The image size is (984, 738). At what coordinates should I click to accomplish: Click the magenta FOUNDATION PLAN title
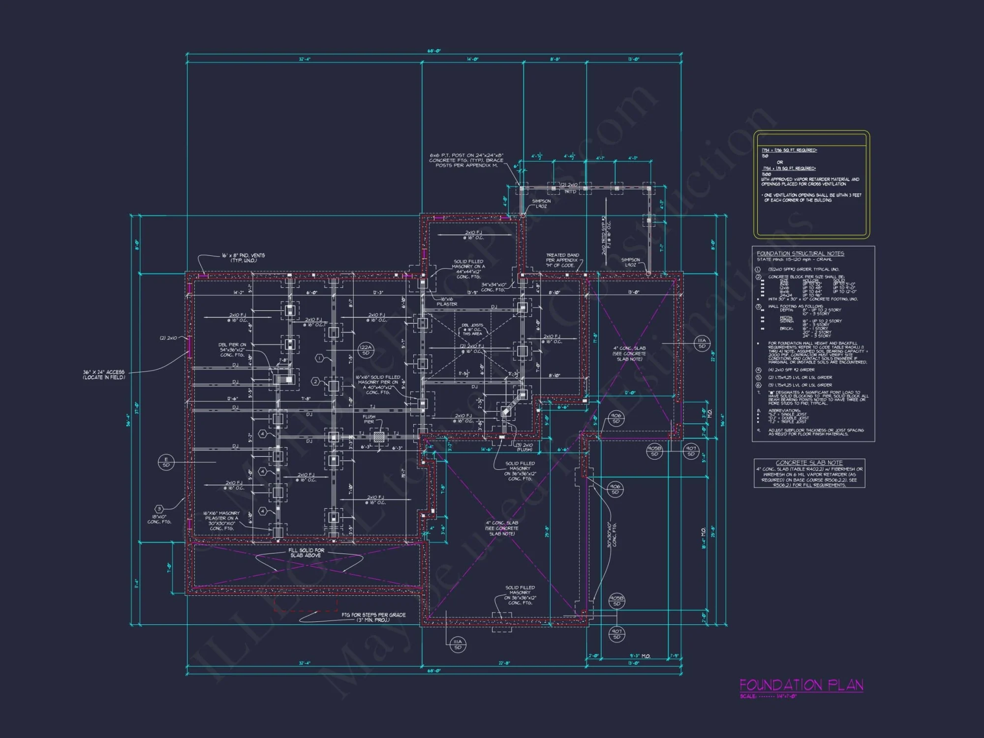(x=801, y=685)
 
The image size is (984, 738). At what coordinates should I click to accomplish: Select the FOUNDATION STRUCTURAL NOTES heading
(x=800, y=253)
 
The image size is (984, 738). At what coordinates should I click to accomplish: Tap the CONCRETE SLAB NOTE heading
(x=809, y=463)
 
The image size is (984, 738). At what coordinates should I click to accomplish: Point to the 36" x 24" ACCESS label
(x=104, y=375)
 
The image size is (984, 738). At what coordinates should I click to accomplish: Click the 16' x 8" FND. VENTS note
(x=243, y=258)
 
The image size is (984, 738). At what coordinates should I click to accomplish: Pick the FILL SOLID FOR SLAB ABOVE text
(x=306, y=553)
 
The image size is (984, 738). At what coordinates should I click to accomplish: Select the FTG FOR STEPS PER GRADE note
(x=373, y=617)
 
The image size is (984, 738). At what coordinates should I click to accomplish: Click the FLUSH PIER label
(x=369, y=419)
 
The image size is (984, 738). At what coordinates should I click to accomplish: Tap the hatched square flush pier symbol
(x=378, y=436)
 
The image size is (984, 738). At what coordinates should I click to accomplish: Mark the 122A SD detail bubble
(x=366, y=350)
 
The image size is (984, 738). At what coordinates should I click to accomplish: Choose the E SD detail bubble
(x=166, y=462)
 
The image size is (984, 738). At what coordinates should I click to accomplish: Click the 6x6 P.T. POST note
(x=466, y=160)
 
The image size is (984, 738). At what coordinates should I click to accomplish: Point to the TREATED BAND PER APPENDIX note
(x=562, y=260)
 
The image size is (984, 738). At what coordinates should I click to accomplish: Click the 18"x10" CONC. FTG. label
(x=159, y=519)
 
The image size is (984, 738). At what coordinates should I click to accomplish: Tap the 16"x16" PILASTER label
(x=447, y=302)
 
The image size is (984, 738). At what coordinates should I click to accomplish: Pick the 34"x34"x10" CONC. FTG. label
(x=493, y=287)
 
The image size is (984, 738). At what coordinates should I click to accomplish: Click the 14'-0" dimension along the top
(x=472, y=59)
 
